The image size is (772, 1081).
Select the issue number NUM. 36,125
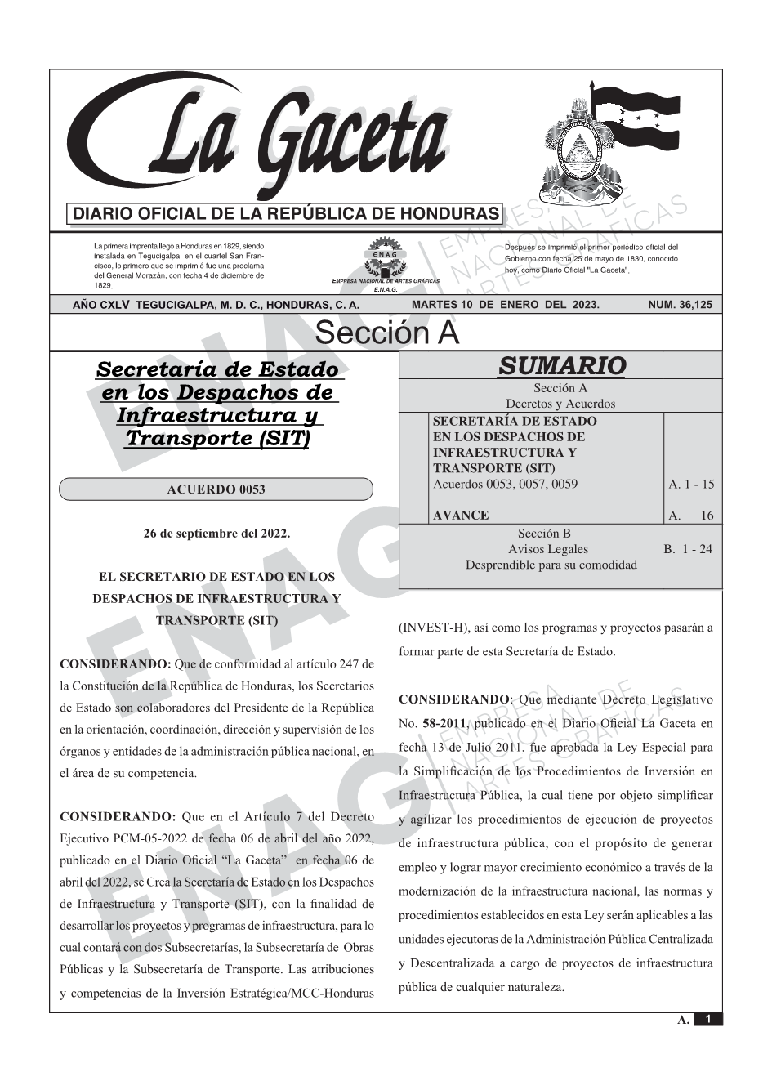tap(679, 305)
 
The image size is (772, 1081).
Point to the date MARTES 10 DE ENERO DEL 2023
tap(506, 305)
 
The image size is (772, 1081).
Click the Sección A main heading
tap(386, 333)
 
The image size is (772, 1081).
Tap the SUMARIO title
tap(561, 366)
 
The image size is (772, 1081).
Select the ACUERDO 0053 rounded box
tap(216, 489)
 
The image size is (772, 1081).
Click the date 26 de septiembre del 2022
tap(216, 534)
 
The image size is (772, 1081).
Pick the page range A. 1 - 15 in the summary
tap(690, 484)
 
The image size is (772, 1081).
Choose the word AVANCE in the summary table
tap(461, 515)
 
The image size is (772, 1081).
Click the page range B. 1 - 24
tap(688, 549)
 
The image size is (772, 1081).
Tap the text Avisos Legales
tap(548, 549)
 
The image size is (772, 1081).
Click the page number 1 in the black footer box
tap(708, 1019)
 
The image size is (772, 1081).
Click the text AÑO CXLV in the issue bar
tap(102, 305)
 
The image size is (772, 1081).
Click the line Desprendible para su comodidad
tap(551, 565)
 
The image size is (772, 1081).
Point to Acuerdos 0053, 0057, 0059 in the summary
tap(505, 484)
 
